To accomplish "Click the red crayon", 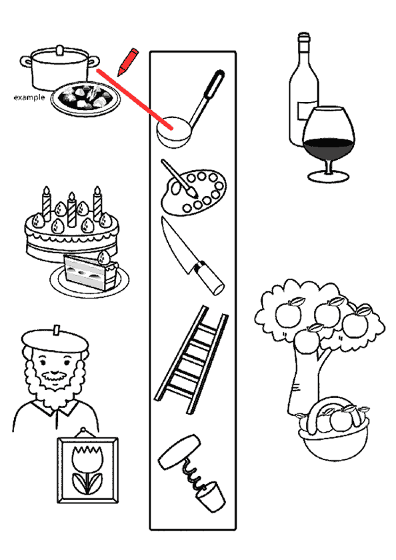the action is pos(128,62).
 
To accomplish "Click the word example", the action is pos(29,97).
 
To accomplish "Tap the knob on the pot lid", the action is pos(60,50).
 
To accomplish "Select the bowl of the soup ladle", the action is pos(173,132).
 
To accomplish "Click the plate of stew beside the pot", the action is pos(85,98).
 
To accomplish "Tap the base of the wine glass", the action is pos(329,176).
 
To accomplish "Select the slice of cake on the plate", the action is pos(91,271).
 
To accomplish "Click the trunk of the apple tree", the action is pos(304,382).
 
